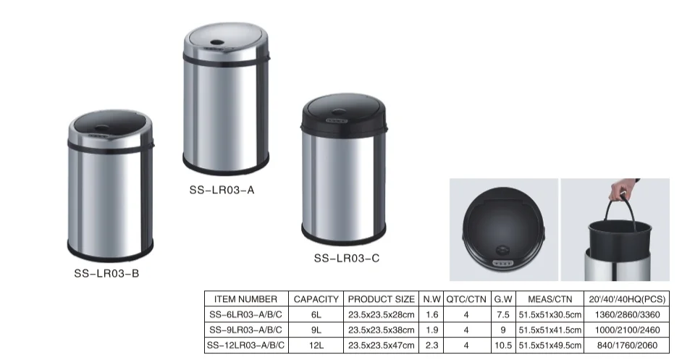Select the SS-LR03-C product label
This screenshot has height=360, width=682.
click(346, 257)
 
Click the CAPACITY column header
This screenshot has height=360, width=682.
click(316, 299)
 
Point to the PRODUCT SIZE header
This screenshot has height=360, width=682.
click(382, 299)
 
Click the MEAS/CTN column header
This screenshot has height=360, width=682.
click(550, 299)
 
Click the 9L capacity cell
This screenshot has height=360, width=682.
click(316, 330)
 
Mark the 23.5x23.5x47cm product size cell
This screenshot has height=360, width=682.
click(382, 346)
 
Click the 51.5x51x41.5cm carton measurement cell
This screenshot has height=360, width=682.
click(550, 330)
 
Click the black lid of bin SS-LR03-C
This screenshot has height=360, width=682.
click(342, 116)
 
